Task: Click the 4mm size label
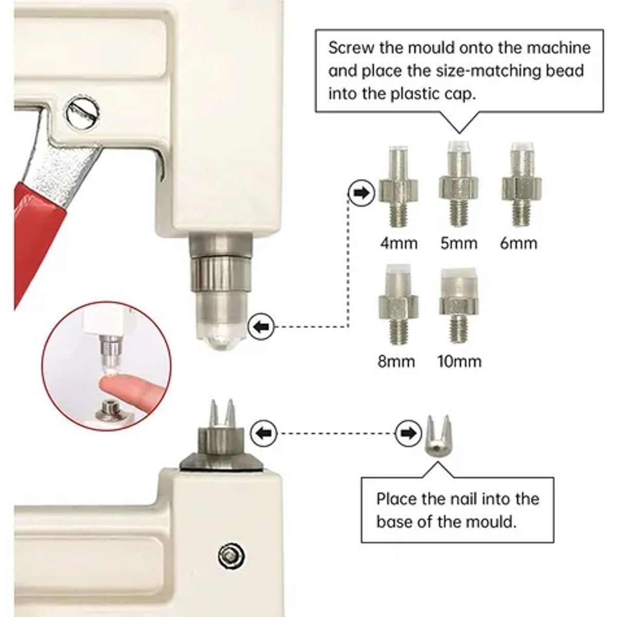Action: pos(399,244)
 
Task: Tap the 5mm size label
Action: pos(459,244)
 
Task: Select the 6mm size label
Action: pos(519,244)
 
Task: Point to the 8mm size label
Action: pos(396,361)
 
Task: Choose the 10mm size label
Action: pos(460,361)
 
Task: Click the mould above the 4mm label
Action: pos(398,186)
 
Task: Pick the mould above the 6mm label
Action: pos(521,184)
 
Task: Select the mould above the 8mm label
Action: pos(398,304)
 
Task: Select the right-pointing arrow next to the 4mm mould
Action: pos(361,193)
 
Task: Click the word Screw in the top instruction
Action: pos(351,48)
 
